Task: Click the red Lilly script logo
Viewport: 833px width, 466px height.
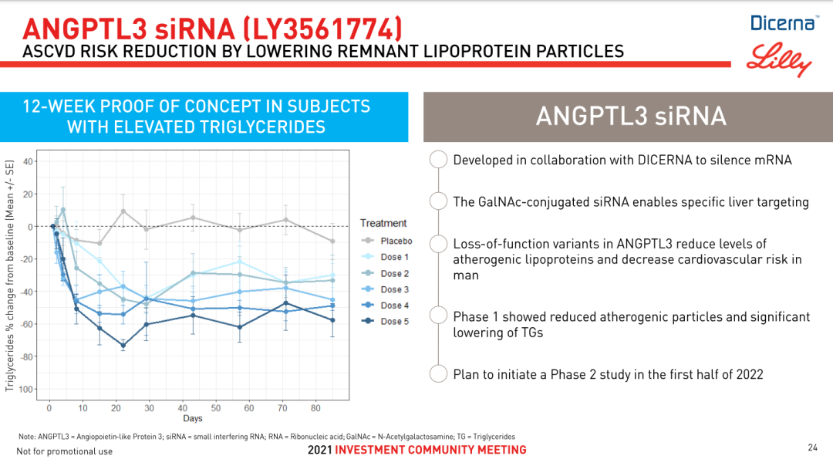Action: pyautogui.click(x=779, y=59)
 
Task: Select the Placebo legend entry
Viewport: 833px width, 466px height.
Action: pyautogui.click(x=386, y=241)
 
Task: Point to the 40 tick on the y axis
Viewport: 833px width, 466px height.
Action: pyautogui.click(x=27, y=161)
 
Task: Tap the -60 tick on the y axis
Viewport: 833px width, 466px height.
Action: pyautogui.click(x=25, y=324)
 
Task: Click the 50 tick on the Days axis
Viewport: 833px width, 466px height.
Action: pyautogui.click(x=216, y=408)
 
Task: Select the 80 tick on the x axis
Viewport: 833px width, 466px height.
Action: pyautogui.click(x=315, y=408)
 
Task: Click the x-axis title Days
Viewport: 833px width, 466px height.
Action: pyautogui.click(x=192, y=418)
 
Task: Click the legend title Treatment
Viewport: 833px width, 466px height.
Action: pyautogui.click(x=383, y=223)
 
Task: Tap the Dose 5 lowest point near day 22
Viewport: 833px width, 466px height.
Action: pyautogui.click(x=123, y=346)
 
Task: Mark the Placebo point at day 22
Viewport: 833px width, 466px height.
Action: pyautogui.click(x=123, y=211)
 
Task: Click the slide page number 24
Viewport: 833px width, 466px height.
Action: pyautogui.click(x=812, y=447)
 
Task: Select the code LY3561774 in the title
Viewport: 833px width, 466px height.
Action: pyautogui.click(x=322, y=29)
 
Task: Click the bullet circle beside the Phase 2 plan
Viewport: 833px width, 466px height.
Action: pyautogui.click(x=438, y=373)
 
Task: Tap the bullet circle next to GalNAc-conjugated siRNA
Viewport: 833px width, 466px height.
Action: pyautogui.click(x=438, y=201)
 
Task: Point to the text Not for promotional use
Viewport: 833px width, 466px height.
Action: pyautogui.click(x=64, y=451)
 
